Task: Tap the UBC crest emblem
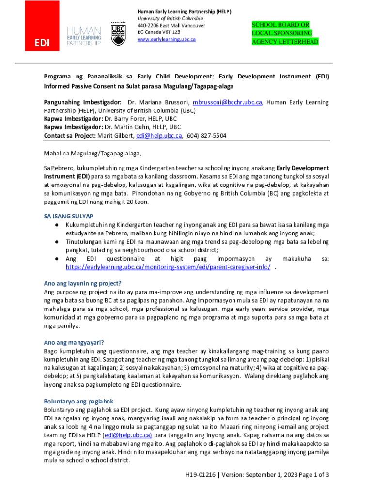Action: [x=118, y=34]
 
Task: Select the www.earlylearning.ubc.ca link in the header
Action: [x=166, y=39]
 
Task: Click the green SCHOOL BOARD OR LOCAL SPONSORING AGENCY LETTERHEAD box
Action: [x=285, y=33]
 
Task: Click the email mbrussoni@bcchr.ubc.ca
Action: [x=227, y=103]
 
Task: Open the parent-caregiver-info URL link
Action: [x=168, y=267]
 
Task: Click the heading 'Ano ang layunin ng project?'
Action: [x=82, y=283]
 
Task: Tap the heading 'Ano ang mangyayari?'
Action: [x=74, y=342]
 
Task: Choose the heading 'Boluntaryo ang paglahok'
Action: [x=78, y=402]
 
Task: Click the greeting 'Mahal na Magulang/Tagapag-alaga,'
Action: [x=93, y=155]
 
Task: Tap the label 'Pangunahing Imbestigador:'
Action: [x=83, y=103]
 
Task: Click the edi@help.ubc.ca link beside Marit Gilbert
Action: [x=159, y=136]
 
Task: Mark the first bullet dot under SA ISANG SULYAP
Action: [x=57, y=225]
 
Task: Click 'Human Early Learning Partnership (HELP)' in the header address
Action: [x=184, y=11]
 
